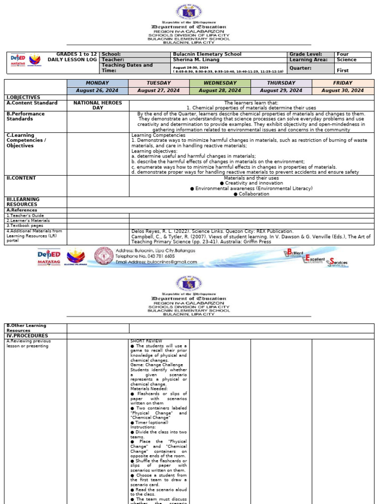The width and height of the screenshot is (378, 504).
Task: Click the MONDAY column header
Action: tap(97, 83)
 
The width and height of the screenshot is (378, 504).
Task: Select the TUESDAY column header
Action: tap(159, 83)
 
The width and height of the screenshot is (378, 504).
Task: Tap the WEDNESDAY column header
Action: tap(220, 83)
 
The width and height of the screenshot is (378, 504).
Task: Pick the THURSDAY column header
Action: tap(281, 83)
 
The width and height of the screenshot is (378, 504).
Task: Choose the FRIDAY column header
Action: tap(342, 83)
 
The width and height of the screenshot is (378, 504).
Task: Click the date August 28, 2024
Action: tap(220, 91)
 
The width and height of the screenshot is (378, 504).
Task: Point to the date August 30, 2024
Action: tap(342, 91)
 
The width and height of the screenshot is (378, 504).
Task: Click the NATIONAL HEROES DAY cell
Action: tap(97, 105)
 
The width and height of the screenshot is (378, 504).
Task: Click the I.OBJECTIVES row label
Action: tap(23, 97)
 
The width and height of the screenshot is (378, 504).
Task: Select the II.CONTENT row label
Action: tap(21, 178)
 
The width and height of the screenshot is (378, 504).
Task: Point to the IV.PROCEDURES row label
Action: tap(24, 336)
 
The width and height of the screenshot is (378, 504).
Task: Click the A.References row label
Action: tap(22, 210)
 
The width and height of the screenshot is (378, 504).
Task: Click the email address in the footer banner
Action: tap(157, 262)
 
